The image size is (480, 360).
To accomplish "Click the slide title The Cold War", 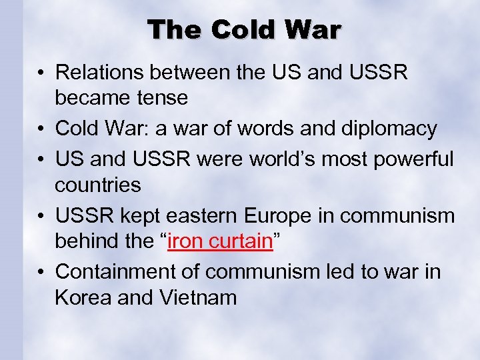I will (x=243, y=29).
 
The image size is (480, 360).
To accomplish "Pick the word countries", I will (x=98, y=185).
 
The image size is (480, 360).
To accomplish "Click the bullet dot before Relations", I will (x=41, y=71).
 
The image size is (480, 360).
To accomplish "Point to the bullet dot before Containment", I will (x=41, y=271).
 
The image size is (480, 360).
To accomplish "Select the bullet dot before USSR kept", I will (x=41, y=215).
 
